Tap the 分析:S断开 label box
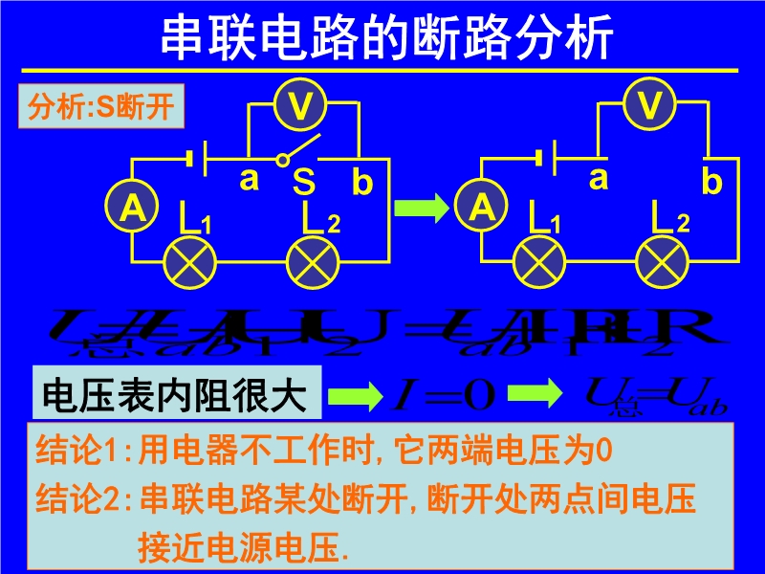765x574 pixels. click(101, 107)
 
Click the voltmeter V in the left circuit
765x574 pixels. click(300, 105)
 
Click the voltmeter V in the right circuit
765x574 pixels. click(650, 105)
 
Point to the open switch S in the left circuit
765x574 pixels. click(298, 153)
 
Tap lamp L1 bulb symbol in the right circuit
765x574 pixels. click(540, 260)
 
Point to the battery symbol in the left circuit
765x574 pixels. click(197, 157)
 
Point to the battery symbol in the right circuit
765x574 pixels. click(547, 157)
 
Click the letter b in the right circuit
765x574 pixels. click(711, 181)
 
